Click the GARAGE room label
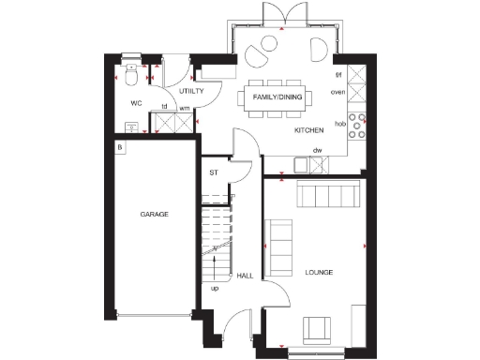(x=155, y=215)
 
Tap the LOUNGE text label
(x=319, y=273)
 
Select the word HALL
(x=245, y=276)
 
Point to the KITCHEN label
(x=310, y=130)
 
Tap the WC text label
(x=135, y=102)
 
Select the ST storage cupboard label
(x=213, y=172)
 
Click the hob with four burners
(x=357, y=122)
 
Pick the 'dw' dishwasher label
(x=318, y=150)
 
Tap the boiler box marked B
(x=120, y=148)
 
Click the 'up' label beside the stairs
(x=215, y=288)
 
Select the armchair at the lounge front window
(x=317, y=330)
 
